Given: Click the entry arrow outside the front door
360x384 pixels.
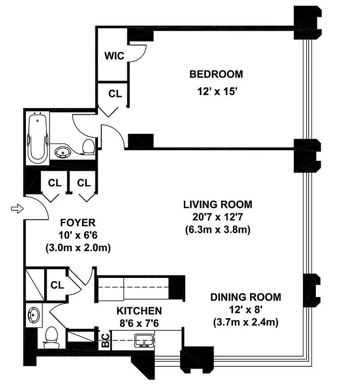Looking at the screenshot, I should coord(17,209).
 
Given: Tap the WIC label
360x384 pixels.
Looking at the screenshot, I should coord(114,56).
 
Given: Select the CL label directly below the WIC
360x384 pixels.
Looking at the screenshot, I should coord(115,94).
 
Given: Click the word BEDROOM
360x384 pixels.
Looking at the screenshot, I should coord(216,74).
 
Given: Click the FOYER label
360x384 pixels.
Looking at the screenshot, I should coord(78,223).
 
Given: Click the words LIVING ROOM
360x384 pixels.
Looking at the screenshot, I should coord(217,204).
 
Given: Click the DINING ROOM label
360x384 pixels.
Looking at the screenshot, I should coord(246,297).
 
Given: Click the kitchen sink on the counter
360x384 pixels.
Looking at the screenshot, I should coord(144,341).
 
